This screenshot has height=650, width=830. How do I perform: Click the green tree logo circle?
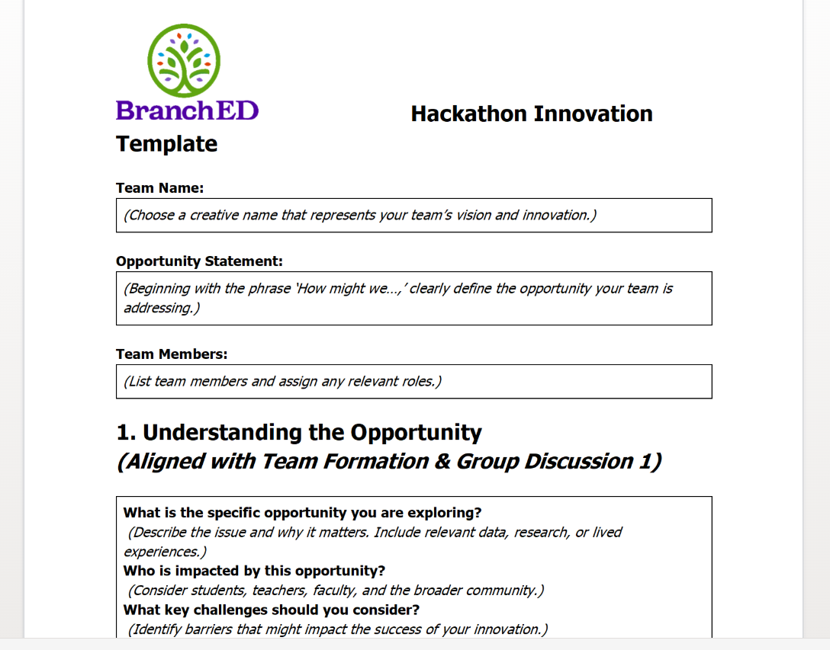pyautogui.click(x=184, y=60)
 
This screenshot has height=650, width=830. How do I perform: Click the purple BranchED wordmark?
pyautogui.click(x=188, y=110)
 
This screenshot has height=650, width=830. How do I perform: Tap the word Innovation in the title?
pyautogui.click(x=593, y=114)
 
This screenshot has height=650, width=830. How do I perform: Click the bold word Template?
pyautogui.click(x=167, y=144)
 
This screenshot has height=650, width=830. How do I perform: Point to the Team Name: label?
pyautogui.click(x=160, y=187)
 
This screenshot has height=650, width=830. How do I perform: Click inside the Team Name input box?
pyautogui.click(x=414, y=215)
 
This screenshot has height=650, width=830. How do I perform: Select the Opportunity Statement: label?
pyautogui.click(x=200, y=261)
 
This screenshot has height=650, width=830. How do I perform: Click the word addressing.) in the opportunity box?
pyautogui.click(x=162, y=308)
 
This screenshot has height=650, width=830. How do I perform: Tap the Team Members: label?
pyautogui.click(x=172, y=354)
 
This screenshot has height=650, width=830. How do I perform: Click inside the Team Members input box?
pyautogui.click(x=414, y=381)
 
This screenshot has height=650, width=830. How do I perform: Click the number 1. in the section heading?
pyautogui.click(x=126, y=432)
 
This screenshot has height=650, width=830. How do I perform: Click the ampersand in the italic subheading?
pyautogui.click(x=442, y=461)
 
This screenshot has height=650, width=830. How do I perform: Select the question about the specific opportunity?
pyautogui.click(x=303, y=513)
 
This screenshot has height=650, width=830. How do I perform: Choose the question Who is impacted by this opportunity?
pyautogui.click(x=254, y=572)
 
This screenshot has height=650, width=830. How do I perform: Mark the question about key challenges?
pyautogui.click(x=272, y=610)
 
